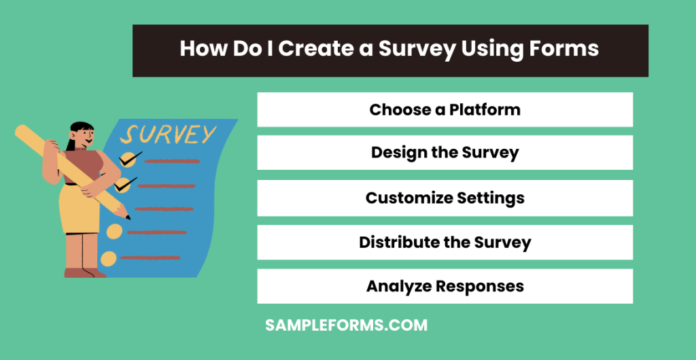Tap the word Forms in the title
[563, 50]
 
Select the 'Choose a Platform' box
[445, 109]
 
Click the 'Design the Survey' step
[445, 153]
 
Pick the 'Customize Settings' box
[445, 198]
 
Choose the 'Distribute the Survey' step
[445, 242]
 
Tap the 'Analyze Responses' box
[445, 286]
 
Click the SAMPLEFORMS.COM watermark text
[346, 325]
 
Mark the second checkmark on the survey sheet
[125, 184]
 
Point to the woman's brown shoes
[84, 272]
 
